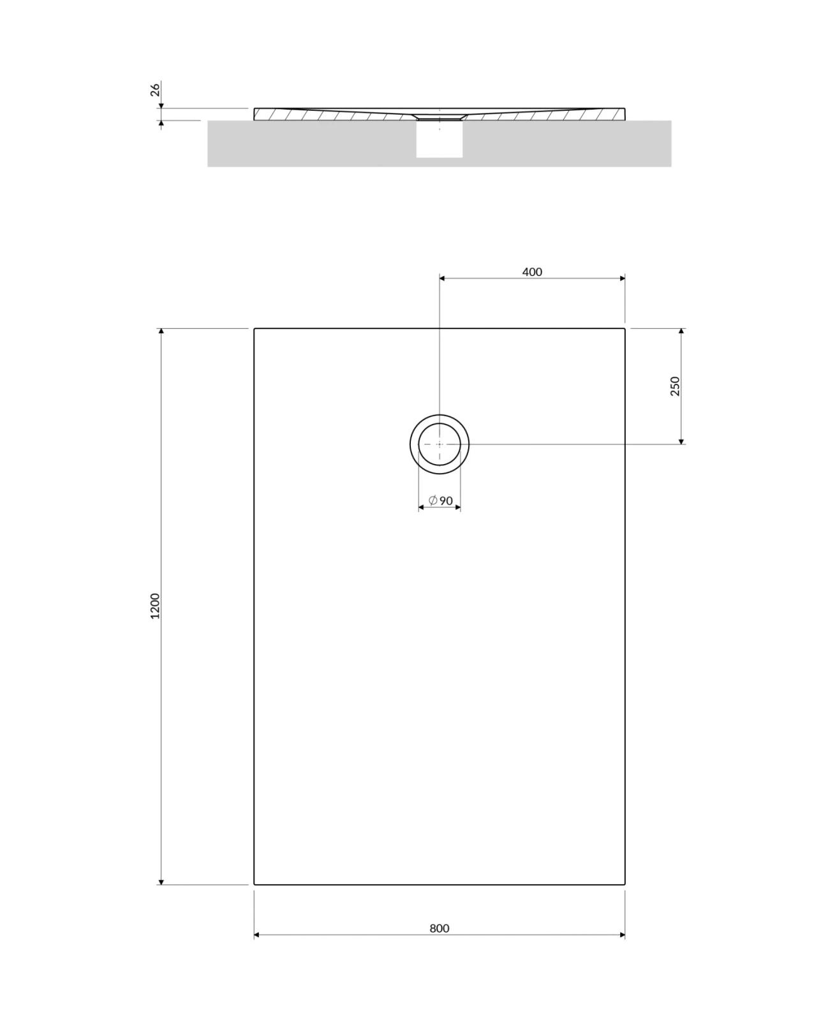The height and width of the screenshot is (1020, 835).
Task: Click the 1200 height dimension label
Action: [x=154, y=606]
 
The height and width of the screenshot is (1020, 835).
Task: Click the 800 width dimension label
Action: [x=439, y=928]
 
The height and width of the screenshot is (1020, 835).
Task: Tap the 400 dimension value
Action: [x=532, y=272]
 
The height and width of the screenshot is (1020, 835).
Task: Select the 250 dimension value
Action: [x=675, y=386]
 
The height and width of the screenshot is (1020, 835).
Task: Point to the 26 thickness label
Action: [x=155, y=90]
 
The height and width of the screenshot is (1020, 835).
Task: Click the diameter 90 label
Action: [x=441, y=500]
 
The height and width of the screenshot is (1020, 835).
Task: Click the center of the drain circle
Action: [x=440, y=444]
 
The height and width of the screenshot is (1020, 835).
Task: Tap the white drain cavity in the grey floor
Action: [x=440, y=139]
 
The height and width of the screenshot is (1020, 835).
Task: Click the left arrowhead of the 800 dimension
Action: [x=256, y=935]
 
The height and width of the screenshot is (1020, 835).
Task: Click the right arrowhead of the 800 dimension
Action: [x=623, y=935]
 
